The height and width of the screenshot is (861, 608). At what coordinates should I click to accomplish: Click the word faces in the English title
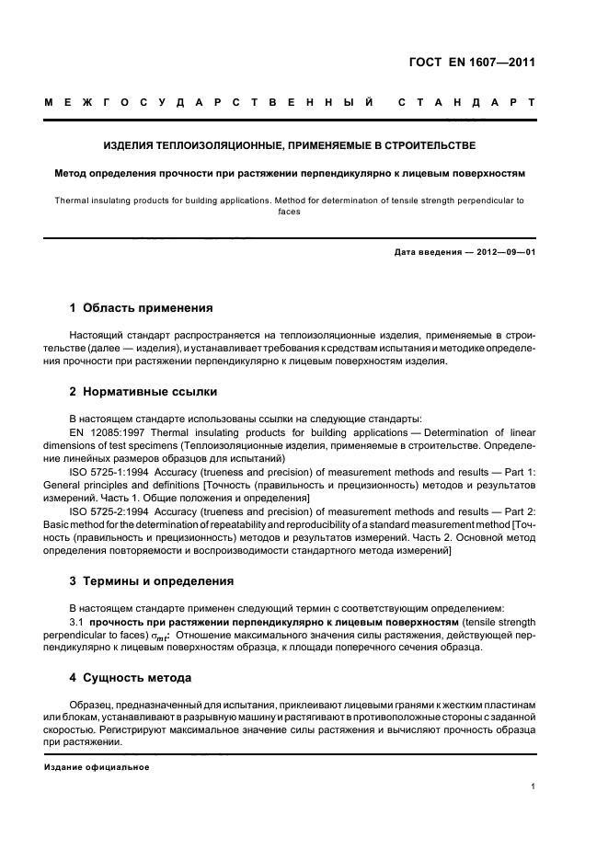pos(290,210)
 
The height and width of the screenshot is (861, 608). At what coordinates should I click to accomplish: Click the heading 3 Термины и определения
pos(152,581)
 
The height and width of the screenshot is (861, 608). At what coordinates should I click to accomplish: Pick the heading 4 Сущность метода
pos(131,678)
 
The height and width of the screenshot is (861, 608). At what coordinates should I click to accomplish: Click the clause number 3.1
pos(77,622)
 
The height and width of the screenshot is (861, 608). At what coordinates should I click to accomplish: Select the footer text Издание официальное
pos(97,766)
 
